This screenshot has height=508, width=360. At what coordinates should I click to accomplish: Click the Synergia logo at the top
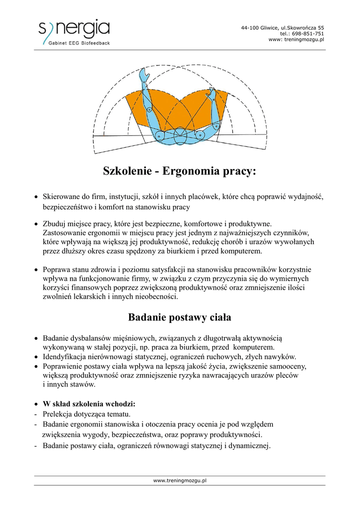[x=74, y=30]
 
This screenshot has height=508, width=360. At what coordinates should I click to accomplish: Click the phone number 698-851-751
[x=309, y=33]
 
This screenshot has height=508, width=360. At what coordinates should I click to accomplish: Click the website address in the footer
[x=180, y=480]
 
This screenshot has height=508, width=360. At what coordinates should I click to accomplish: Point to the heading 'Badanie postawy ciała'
[x=180, y=317]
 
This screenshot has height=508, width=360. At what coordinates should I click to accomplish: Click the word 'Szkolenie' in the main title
[x=126, y=172]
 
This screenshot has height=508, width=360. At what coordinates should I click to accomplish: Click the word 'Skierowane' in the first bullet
[x=61, y=196]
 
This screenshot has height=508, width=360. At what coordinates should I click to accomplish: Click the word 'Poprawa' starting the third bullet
[x=57, y=270]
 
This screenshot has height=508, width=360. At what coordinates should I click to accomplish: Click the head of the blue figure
[x=180, y=137]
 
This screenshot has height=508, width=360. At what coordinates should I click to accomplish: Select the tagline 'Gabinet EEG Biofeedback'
[x=79, y=43]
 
